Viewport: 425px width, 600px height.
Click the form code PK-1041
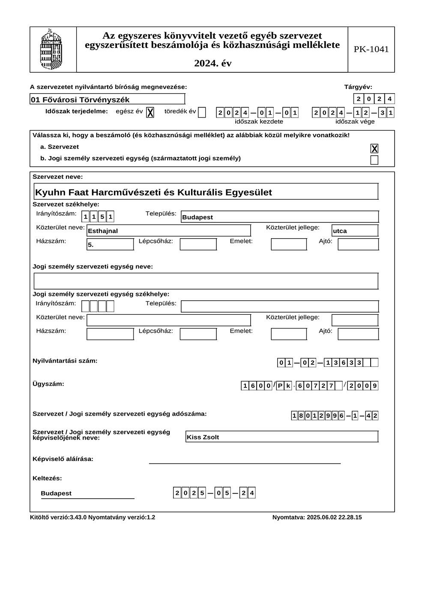[x=371, y=49]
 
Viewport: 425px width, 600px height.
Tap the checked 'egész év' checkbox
[x=150, y=112]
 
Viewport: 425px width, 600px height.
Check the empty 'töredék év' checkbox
[x=202, y=112]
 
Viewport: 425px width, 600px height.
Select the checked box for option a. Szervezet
[x=374, y=148]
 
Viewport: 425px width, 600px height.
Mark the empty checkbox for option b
[x=374, y=160]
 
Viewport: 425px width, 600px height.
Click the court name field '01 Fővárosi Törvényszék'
[x=107, y=100]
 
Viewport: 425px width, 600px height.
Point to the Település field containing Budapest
[x=279, y=217]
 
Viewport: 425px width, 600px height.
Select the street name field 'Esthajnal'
[x=168, y=231]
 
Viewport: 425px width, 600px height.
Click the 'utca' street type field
[x=355, y=231]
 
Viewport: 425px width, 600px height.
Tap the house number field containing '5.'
[x=110, y=245]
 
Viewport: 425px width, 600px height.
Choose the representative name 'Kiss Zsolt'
[x=282, y=437]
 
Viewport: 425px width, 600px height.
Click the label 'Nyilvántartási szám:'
[x=65, y=361]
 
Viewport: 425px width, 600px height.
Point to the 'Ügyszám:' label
[x=48, y=384]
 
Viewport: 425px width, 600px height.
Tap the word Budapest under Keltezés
[x=56, y=494]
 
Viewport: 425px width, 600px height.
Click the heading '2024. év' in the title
[x=212, y=63]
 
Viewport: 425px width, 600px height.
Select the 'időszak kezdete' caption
[x=259, y=121]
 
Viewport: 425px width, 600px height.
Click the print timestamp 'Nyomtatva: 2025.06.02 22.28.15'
[x=317, y=517]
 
